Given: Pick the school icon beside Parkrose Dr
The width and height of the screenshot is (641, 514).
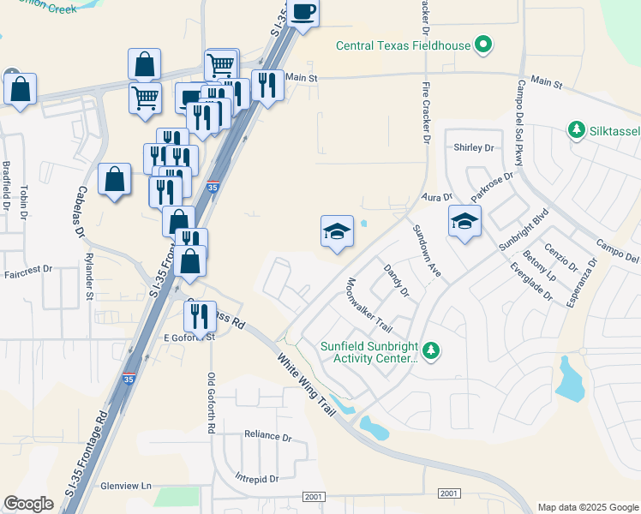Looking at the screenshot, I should pyautogui.click(x=464, y=222).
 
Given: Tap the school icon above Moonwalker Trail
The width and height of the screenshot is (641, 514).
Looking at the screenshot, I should pyautogui.click(x=337, y=231).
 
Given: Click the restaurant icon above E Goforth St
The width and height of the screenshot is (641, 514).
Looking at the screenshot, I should pyautogui.click(x=200, y=316).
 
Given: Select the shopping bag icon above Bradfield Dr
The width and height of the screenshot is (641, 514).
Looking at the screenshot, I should pyautogui.click(x=20, y=89).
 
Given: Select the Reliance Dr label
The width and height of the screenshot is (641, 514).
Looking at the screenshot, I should pyautogui.click(x=267, y=437).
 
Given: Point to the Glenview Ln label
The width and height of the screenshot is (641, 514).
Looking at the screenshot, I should pyautogui.click(x=127, y=485).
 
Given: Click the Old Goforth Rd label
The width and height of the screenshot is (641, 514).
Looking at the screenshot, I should pyautogui.click(x=211, y=403).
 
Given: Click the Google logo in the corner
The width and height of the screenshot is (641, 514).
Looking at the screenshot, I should pyautogui.click(x=28, y=504).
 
